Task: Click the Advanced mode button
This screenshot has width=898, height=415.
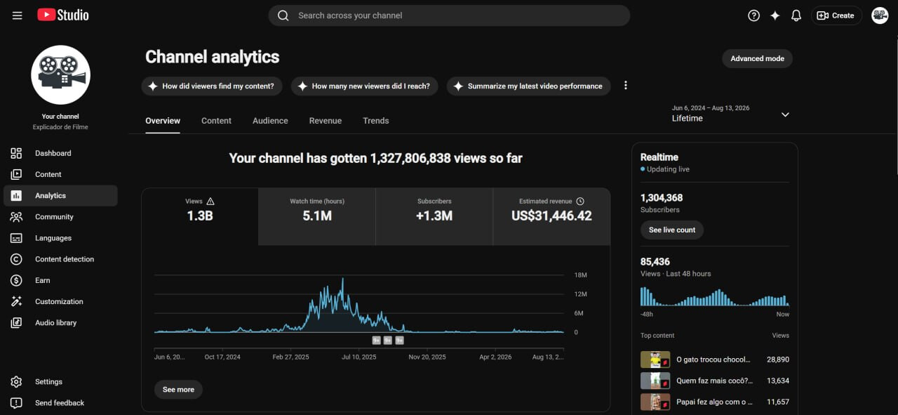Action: [757, 58]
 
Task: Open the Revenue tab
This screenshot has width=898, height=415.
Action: [325, 121]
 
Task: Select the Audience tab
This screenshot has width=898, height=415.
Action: [270, 121]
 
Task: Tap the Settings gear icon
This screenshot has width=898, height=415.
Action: [16, 382]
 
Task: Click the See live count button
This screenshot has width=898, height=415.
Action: [672, 230]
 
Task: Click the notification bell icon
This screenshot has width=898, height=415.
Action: [796, 15]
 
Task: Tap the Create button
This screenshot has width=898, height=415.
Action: [836, 15]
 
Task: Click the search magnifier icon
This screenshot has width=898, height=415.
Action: [283, 15]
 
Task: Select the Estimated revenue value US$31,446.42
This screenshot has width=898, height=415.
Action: [551, 216]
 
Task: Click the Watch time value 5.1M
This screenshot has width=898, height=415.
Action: [317, 216]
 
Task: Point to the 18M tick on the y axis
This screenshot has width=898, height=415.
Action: [580, 275]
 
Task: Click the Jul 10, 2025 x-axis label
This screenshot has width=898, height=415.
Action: [358, 357]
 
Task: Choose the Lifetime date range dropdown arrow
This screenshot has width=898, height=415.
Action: [785, 114]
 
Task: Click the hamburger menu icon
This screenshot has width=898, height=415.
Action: [17, 15]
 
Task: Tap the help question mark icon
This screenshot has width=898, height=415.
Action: [753, 15]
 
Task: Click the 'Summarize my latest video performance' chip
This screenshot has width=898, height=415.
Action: [528, 86]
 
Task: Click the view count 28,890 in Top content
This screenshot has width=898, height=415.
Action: [778, 360]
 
